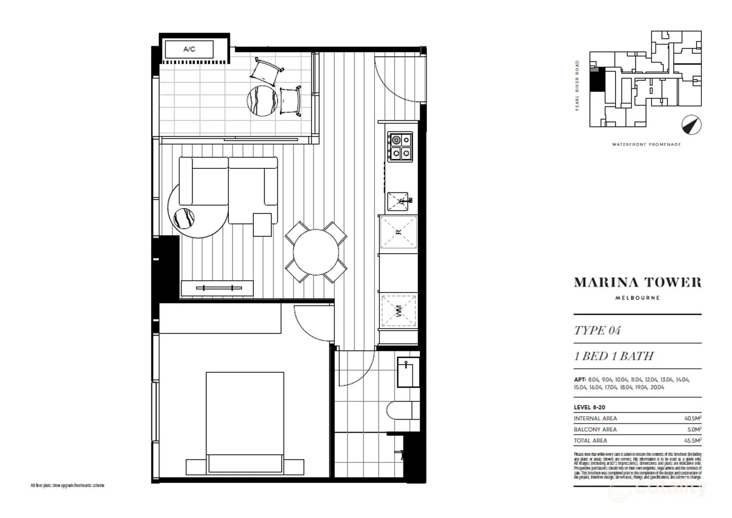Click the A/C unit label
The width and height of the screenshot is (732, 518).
(x=189, y=49)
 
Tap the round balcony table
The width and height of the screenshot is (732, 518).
(x=262, y=100)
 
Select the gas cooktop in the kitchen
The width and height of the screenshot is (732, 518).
(x=400, y=147)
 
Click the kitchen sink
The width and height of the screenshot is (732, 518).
(x=398, y=201)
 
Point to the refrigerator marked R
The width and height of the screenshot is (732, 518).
(x=398, y=233)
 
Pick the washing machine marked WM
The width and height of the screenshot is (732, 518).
(x=399, y=311)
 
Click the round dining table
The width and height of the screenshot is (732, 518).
(x=316, y=252)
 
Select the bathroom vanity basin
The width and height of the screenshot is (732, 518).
(x=408, y=372)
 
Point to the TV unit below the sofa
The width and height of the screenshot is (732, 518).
(x=217, y=288)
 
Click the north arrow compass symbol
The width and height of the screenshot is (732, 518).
(x=691, y=125)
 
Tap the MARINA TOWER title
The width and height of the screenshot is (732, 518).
(x=638, y=283)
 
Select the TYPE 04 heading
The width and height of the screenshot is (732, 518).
(x=597, y=330)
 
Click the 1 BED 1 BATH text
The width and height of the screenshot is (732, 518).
(x=614, y=356)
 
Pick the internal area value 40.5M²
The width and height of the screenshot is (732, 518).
(x=692, y=418)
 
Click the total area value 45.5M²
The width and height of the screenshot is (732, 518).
(x=692, y=440)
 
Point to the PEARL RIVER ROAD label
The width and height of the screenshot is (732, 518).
(x=577, y=85)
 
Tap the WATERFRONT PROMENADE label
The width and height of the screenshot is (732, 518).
(x=646, y=144)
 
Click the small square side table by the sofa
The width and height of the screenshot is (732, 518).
(x=262, y=224)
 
